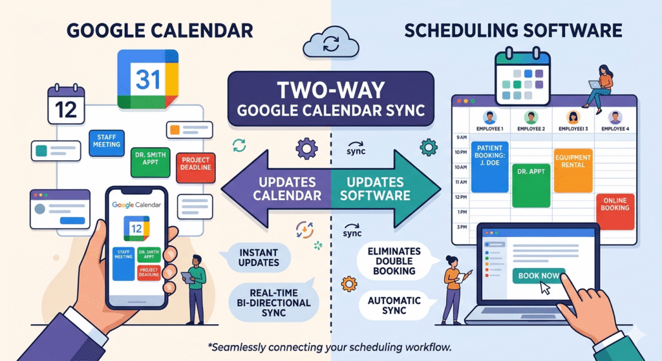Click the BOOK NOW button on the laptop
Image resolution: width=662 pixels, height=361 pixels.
(538, 275)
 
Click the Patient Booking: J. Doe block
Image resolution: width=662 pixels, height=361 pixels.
(490, 167)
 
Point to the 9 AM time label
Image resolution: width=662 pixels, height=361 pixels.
(460, 137)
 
